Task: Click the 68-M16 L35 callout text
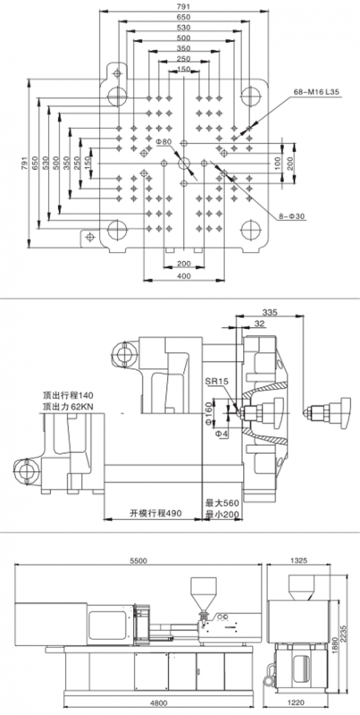(316, 92)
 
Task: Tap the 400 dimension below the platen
(184, 275)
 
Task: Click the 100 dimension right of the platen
(277, 163)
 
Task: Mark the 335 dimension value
(270, 312)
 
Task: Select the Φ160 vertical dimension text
(209, 411)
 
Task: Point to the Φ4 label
(222, 433)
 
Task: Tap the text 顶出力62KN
(69, 405)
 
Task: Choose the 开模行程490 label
(155, 512)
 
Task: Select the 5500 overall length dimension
(138, 561)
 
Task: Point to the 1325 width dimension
(298, 559)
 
